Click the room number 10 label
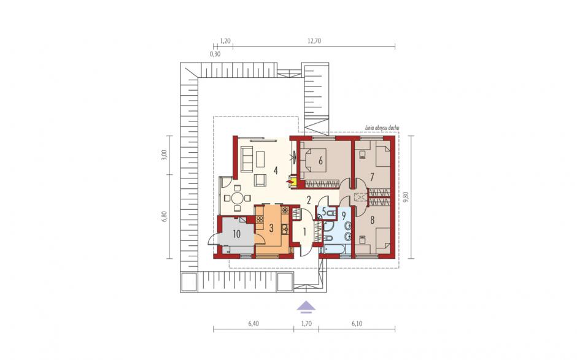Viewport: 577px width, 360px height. pos(236,234)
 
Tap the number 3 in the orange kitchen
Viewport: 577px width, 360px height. pos(271,228)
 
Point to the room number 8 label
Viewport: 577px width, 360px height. pos(373,220)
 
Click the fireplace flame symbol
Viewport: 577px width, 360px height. pos(291,181)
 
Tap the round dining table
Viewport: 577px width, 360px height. pos(238,199)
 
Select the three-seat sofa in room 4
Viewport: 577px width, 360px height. pos(246,158)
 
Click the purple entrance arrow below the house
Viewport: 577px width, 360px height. pos(306,307)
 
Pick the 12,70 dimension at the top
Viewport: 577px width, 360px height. pos(314,41)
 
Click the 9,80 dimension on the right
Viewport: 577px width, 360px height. pos(406,197)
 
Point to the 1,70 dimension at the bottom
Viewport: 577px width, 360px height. pos(306,324)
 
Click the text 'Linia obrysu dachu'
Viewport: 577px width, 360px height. pos(382,128)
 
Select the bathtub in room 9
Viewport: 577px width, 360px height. pos(335,250)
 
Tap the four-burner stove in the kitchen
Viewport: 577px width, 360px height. pos(260,219)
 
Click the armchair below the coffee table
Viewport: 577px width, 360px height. pos(261,180)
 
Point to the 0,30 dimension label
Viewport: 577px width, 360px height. pos(215,54)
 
